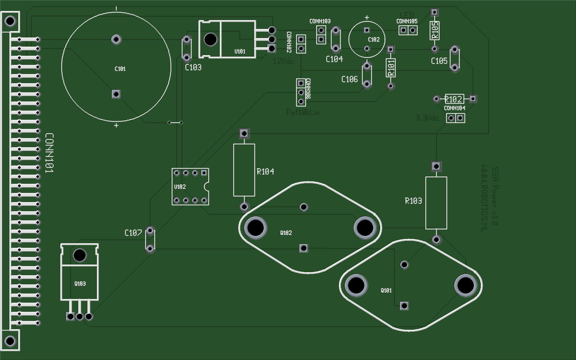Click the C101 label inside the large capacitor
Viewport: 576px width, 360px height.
point(120,69)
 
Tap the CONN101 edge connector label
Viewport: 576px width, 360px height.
point(49,153)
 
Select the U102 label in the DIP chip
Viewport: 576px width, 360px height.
point(180,187)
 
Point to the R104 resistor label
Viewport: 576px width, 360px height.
point(265,172)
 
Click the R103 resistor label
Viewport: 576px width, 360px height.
point(413,201)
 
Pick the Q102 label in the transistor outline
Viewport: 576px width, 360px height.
point(286,233)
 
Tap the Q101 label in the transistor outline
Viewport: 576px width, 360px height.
point(386,290)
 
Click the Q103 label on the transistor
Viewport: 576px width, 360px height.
point(80,283)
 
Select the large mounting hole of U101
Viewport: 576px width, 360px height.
point(210,39)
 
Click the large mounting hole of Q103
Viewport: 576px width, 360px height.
point(80,255)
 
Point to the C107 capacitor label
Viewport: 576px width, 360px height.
point(133,233)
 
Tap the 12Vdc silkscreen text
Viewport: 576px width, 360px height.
point(284,61)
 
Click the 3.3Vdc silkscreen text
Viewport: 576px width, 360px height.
point(428,118)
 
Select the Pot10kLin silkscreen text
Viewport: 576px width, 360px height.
point(303,112)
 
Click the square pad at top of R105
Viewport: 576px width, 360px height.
point(435,12)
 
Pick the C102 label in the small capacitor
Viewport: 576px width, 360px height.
point(374,39)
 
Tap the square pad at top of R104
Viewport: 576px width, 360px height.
point(244,133)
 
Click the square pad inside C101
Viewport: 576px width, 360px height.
point(116,94)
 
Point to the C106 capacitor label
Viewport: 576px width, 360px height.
point(349,79)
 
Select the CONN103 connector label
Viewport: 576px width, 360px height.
point(320,21)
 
